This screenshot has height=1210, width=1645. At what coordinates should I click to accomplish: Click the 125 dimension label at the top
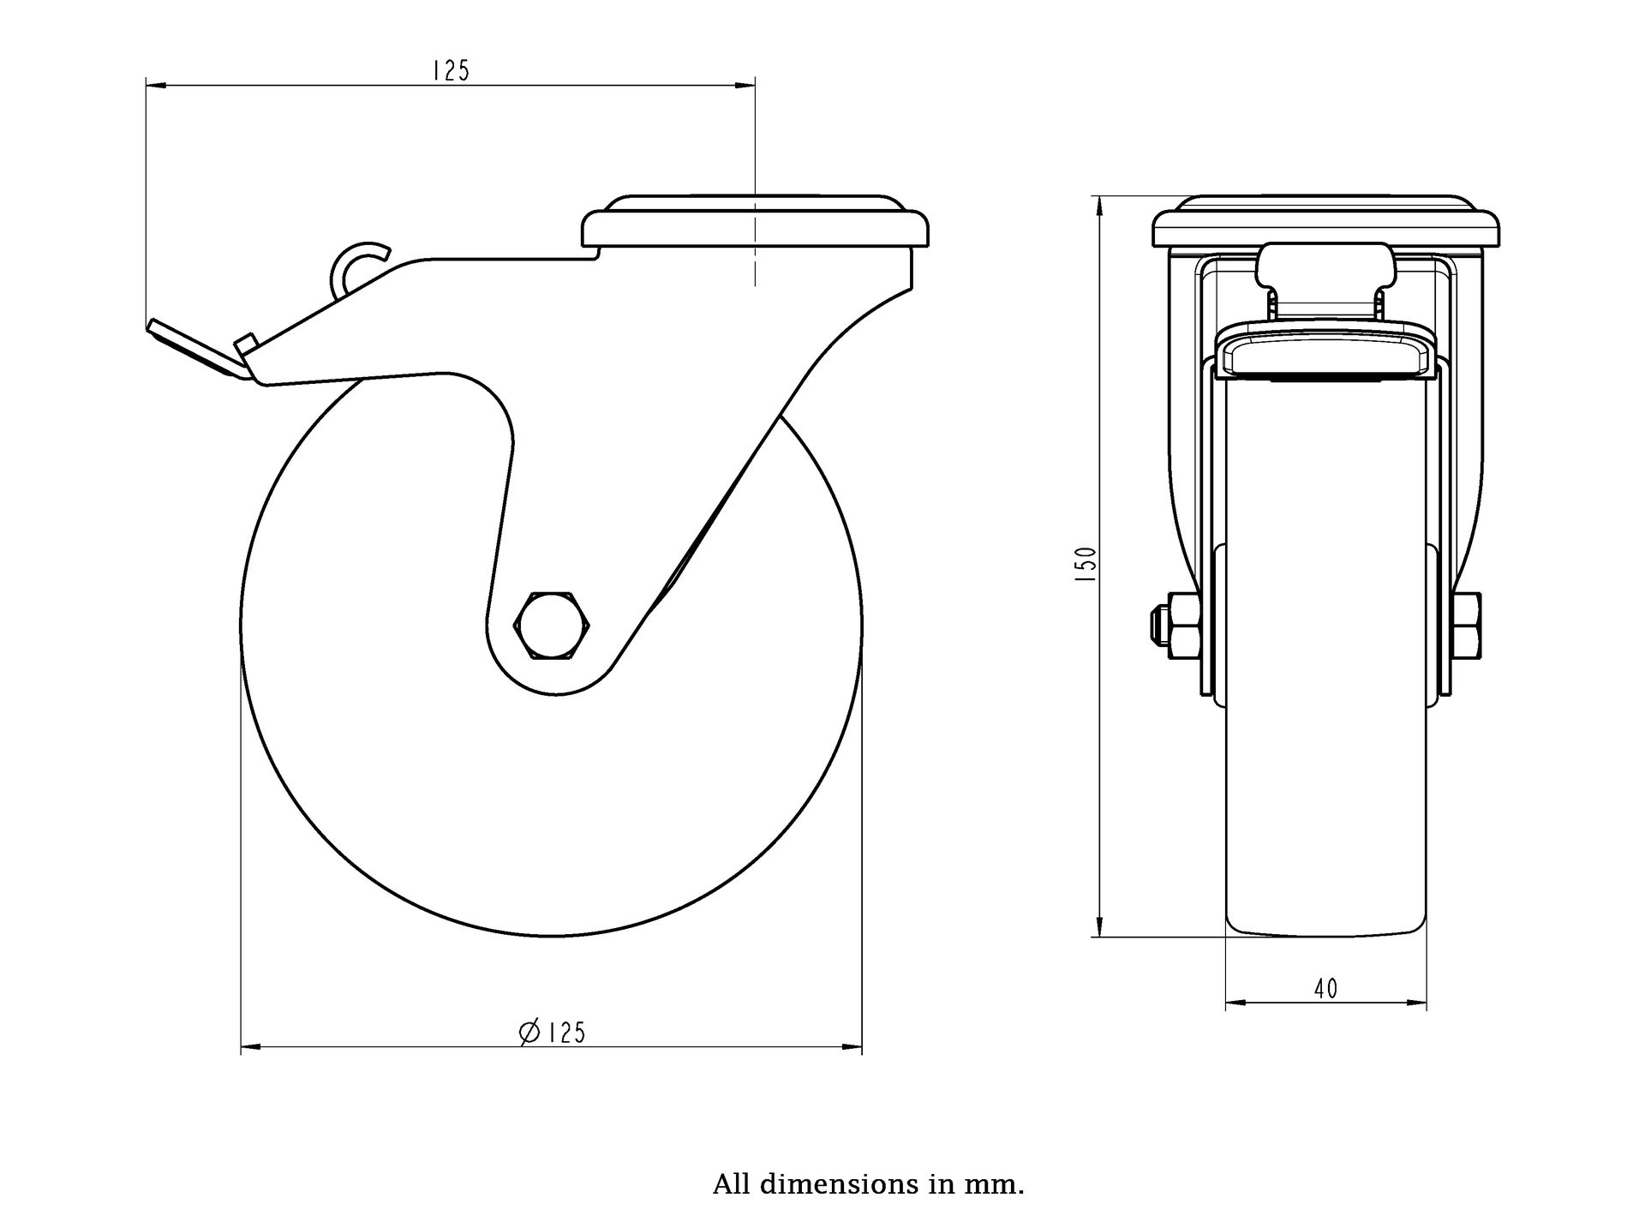tap(451, 70)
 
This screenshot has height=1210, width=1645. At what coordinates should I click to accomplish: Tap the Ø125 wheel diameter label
tap(553, 1033)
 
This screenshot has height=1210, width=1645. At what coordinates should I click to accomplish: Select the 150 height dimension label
tap(1086, 565)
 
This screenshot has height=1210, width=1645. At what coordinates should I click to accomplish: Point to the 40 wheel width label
tap(1325, 988)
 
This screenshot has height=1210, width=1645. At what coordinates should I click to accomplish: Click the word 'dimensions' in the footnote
tap(830, 1185)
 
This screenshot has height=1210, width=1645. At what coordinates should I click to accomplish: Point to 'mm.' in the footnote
tap(1001, 1185)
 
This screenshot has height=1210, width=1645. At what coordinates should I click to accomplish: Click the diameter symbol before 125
tap(529, 1033)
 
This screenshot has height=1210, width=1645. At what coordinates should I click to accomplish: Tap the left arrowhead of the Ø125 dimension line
tap(248, 1046)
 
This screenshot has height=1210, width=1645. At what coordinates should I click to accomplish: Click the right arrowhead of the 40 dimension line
tap(1420, 1002)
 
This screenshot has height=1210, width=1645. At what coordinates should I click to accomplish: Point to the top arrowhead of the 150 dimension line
tap(1099, 204)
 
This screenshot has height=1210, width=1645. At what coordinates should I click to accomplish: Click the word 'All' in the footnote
tap(730, 1185)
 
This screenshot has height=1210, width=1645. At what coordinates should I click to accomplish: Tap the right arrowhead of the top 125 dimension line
tap(747, 85)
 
